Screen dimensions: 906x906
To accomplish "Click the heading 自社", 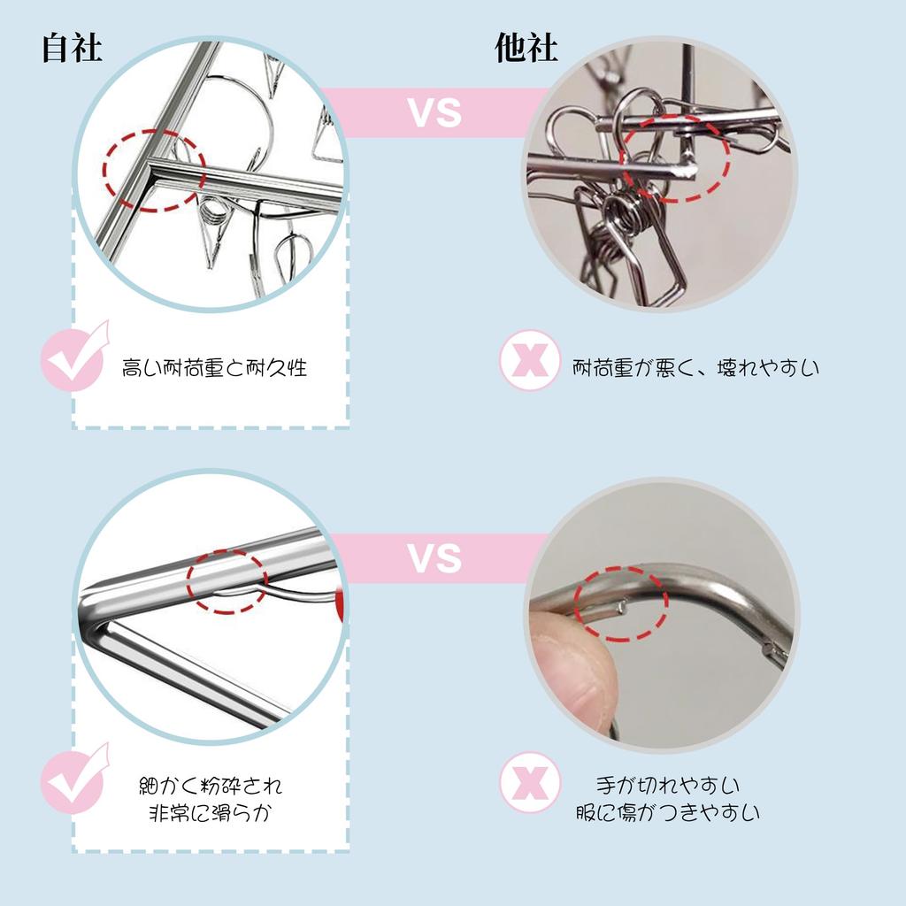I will [73, 49].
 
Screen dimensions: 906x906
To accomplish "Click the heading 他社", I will [527, 49].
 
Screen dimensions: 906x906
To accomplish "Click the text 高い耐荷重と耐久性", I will [214, 367].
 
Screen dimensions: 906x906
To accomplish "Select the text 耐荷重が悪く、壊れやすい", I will [695, 366].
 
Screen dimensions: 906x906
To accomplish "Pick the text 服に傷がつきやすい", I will [667, 813].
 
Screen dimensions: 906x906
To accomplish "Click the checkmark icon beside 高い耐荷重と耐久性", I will [74, 358].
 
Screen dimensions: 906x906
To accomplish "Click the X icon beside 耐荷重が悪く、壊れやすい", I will [530, 361].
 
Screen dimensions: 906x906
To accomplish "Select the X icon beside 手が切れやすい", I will [530, 781].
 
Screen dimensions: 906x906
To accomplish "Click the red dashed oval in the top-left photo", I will [154, 169].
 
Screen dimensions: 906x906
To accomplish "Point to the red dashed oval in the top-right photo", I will [674, 157].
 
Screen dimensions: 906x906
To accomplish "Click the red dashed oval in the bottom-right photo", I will [621, 603].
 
